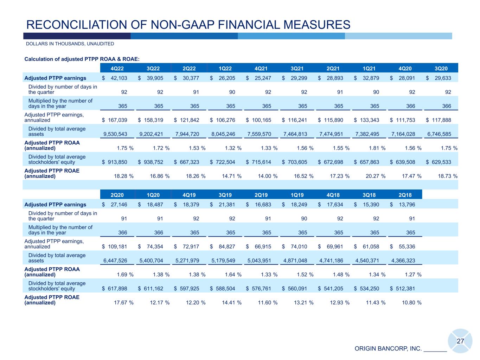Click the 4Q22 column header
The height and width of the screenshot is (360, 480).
pos(117,68)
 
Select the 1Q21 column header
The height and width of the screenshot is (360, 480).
pos(370,68)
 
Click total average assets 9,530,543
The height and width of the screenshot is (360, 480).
pos(114,134)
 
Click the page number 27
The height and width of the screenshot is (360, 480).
pos(460,341)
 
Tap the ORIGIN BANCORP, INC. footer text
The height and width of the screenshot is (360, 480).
pos(388,349)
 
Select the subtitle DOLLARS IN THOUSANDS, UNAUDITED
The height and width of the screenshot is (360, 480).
pos(70,44)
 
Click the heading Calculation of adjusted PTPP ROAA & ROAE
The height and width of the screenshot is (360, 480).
pos(84,59)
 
